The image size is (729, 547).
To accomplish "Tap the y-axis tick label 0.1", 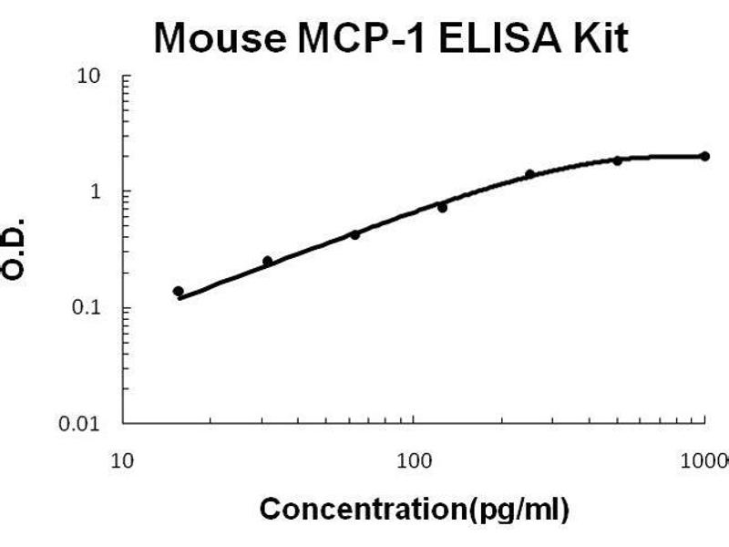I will coord(87,308).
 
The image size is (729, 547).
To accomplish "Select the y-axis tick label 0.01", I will coord(83,424).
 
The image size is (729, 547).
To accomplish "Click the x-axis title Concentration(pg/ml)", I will coord(415,507).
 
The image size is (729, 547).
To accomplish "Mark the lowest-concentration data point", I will coord(179,291).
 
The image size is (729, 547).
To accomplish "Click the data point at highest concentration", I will coord(705,156).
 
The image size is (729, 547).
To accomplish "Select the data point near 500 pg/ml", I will coord(618,160).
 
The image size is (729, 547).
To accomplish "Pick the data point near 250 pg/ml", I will coord(529,174).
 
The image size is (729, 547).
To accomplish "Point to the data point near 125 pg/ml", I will coord(442,207).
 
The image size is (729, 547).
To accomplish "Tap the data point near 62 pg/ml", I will coord(354,234).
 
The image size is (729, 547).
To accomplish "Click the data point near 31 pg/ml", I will coord(267,261).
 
